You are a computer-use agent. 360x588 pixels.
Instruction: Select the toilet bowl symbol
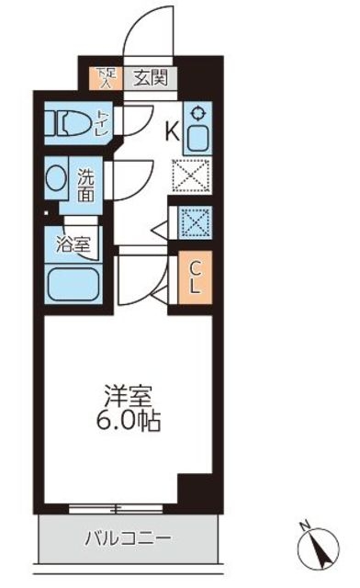pyautogui.click(x=70, y=123)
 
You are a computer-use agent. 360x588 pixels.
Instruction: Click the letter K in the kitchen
pyautogui.click(x=171, y=131)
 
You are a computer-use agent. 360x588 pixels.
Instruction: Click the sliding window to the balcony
pyautogui.click(x=115, y=507)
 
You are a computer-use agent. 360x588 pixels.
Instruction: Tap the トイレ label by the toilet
pyautogui.click(x=102, y=122)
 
